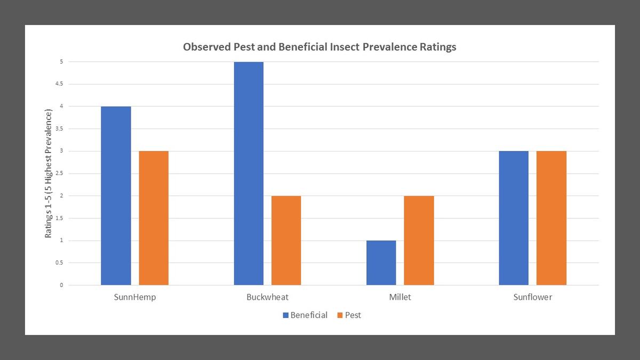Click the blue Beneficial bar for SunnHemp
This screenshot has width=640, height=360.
[x=116, y=196]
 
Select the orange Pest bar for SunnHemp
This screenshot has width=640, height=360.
[x=154, y=218]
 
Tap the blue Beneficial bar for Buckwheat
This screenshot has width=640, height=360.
[x=249, y=173]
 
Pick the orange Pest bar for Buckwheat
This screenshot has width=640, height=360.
[x=286, y=241]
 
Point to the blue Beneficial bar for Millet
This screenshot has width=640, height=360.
[x=381, y=263]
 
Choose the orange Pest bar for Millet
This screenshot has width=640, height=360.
[x=419, y=241]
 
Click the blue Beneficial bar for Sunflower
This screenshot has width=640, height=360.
[x=514, y=218]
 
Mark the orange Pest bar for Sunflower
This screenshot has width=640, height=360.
[x=551, y=218]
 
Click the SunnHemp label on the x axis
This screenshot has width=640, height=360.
[x=135, y=297]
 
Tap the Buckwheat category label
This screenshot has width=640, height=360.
[x=268, y=297]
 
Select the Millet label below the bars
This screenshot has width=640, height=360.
[x=400, y=297]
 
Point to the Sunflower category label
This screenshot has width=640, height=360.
[x=532, y=297]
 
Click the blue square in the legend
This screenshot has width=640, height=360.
[x=285, y=315]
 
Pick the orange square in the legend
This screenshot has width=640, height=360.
[x=340, y=315]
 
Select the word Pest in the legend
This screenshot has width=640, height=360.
[x=353, y=315]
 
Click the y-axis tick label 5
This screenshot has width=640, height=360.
[x=61, y=62]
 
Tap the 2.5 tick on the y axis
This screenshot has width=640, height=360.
[x=59, y=173]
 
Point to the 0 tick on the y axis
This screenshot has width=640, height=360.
[x=61, y=285]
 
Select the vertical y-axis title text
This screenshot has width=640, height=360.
[x=49, y=173]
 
